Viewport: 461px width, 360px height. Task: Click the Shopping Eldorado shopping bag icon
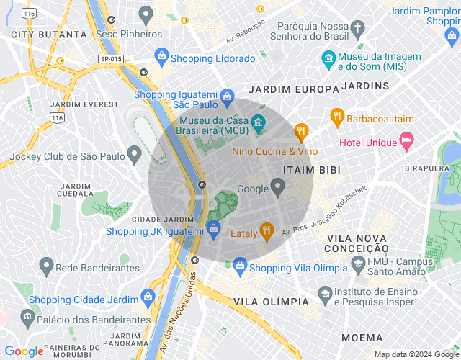coord(161,56)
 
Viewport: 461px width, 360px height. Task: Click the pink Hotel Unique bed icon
coord(407,140)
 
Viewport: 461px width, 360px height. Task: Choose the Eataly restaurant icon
coord(267,230)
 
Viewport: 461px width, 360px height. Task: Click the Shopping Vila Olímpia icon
coord(239,266)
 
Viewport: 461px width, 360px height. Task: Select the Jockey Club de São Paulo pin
coord(134,154)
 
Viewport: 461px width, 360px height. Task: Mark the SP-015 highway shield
coord(110,58)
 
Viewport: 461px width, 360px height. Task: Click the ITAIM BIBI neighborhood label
coord(311,170)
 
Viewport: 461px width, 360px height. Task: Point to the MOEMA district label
coord(362,337)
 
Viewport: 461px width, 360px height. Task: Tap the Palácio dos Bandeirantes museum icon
coord(27,317)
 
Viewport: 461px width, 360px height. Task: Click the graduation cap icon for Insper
coord(325,295)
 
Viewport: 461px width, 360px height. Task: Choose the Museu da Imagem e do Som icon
coord(328,58)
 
